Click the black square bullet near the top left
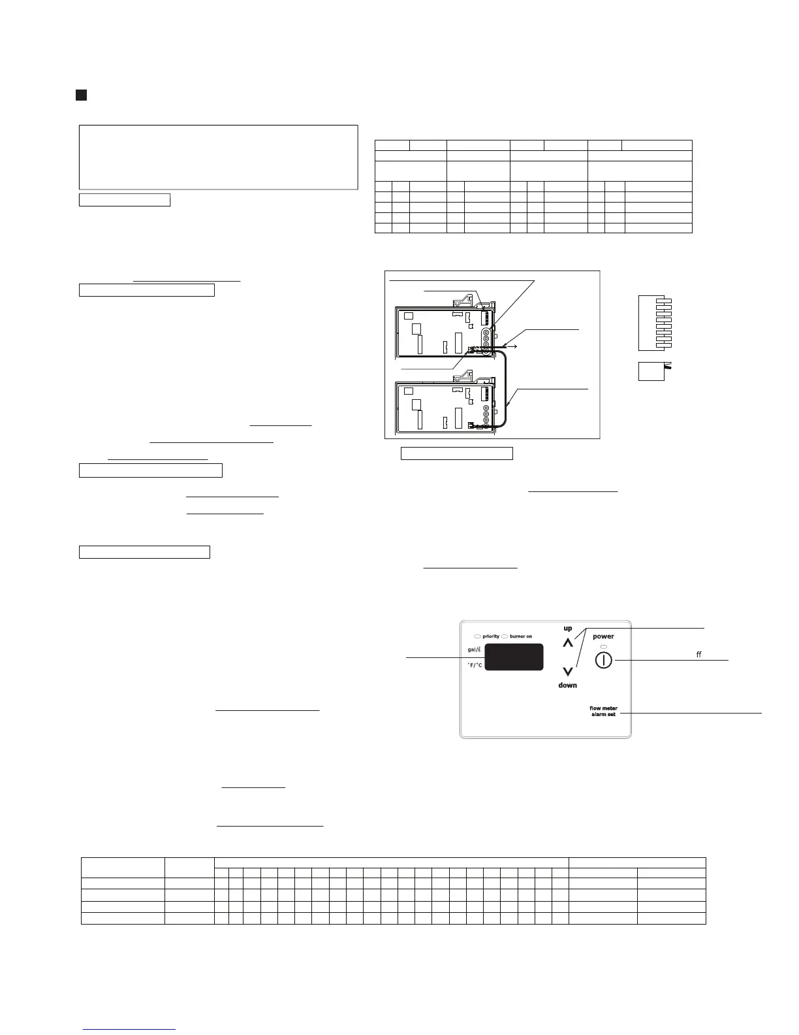click(x=81, y=95)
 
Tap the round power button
click(x=604, y=660)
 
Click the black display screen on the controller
click(x=516, y=657)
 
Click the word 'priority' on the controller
click(x=491, y=636)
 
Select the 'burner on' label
click(x=520, y=636)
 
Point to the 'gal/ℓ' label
click(x=475, y=649)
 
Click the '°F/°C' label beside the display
click(x=475, y=665)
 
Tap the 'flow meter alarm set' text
click(x=603, y=711)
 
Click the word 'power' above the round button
click(x=603, y=636)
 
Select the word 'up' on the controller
click(x=568, y=628)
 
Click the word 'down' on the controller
click(x=567, y=685)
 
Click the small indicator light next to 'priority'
click(x=478, y=636)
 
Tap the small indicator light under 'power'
click(x=603, y=646)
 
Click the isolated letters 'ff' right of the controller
click(x=698, y=654)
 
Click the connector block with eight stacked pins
click(x=655, y=323)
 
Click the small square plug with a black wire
click(x=651, y=370)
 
